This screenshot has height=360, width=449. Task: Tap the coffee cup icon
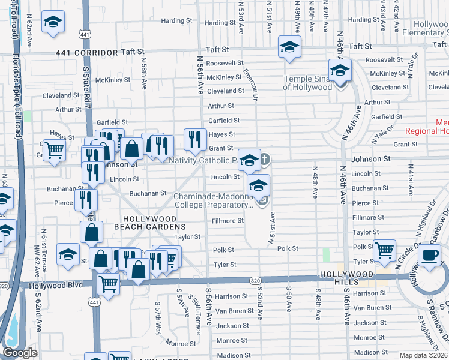pyautogui.click(x=429, y=254)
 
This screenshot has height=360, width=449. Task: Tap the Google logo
pyautogui.click(x=20, y=353)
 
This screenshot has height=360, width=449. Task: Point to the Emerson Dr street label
pyautogui.click(x=250, y=83)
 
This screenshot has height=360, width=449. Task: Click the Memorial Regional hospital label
pyautogui.click(x=426, y=127)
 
